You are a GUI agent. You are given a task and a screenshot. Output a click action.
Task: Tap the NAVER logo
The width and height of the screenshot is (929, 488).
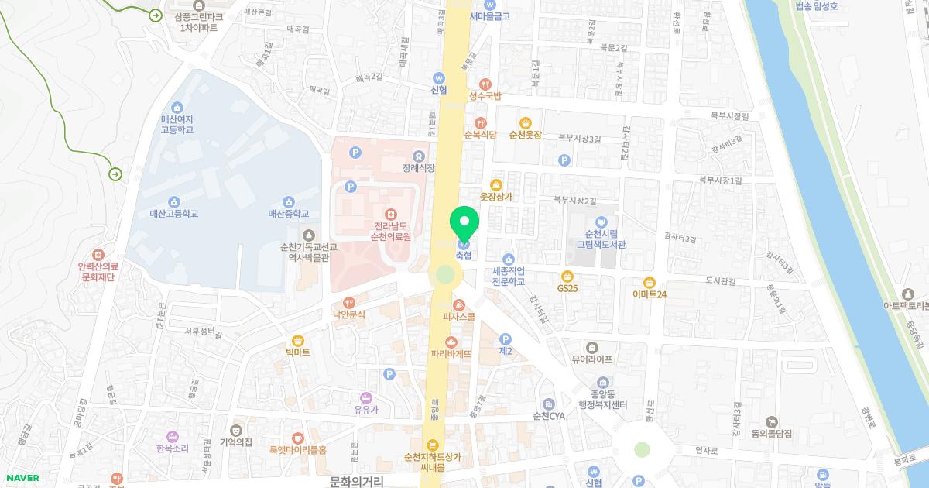click(21, 478)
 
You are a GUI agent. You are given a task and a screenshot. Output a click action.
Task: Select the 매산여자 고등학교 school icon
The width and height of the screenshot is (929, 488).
click(177, 107)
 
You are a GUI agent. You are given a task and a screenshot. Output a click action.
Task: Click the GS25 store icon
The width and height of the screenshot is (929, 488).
click(567, 275)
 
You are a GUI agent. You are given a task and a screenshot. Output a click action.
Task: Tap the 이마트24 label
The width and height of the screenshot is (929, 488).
click(649, 294)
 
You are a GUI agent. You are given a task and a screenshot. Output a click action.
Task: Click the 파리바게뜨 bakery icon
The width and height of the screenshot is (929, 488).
click(451, 342)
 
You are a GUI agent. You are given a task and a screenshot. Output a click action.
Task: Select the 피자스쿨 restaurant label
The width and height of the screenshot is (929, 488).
click(458, 317)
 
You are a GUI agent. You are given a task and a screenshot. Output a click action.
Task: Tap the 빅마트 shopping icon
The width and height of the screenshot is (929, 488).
click(297, 340)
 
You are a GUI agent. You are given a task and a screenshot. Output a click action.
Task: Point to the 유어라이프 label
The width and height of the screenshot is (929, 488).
click(592, 359)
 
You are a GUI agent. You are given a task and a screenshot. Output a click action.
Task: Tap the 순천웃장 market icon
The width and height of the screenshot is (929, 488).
click(525, 122)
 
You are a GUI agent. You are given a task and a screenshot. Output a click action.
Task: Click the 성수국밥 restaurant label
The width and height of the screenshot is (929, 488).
click(485, 97)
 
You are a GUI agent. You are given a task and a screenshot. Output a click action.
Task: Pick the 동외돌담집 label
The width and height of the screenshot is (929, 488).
click(770, 435)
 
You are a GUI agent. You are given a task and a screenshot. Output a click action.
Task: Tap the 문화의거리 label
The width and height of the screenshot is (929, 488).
click(356, 481)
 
